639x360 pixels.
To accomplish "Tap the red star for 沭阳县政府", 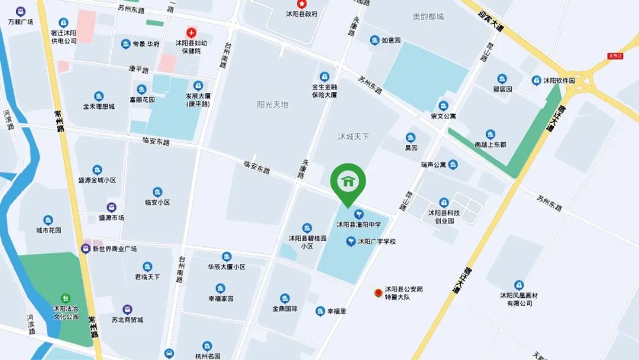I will click(x=290, y=4).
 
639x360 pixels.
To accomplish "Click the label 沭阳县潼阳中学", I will click(x=359, y=224).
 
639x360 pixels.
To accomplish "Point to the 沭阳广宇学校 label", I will click(x=376, y=242).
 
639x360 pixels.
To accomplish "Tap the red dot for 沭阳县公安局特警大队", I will click(x=377, y=292).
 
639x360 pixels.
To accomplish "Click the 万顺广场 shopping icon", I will click(x=21, y=11).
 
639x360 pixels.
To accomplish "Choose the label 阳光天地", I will click(x=273, y=104).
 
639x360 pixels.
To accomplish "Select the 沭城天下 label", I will click(x=353, y=137).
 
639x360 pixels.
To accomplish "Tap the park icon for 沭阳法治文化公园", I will click(x=66, y=298).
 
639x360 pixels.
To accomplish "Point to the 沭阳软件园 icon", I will click(x=536, y=80).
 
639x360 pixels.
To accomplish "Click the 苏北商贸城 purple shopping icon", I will click(x=127, y=309).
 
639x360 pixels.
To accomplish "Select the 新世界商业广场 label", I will click(x=114, y=249).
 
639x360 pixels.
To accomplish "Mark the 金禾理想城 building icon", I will click(x=99, y=96).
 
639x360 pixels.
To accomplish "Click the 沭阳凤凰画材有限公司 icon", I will click(x=519, y=285).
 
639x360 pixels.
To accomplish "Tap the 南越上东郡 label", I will click(x=490, y=144).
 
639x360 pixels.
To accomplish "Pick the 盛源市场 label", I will click(x=111, y=218).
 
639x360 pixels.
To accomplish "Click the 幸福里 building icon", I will click(x=320, y=311).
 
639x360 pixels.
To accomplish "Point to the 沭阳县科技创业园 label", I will click(x=444, y=217).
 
